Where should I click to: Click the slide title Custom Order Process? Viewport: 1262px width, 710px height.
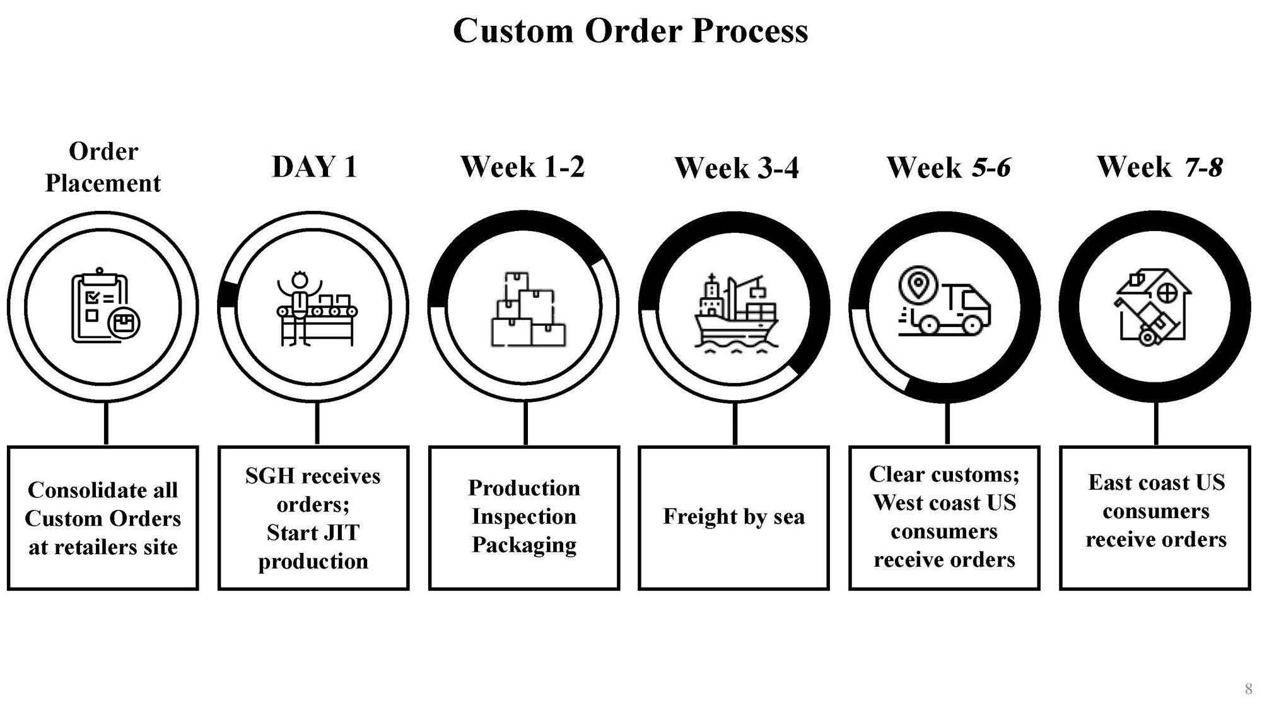[630, 30]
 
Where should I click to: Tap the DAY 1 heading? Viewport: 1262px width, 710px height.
[315, 167]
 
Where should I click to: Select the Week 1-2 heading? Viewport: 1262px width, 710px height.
[523, 167]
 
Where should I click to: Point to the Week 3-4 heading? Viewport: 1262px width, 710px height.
[736, 168]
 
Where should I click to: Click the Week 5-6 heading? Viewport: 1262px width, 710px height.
[949, 167]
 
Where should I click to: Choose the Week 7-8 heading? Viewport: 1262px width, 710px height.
[1160, 167]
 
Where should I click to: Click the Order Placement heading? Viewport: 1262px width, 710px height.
[103, 167]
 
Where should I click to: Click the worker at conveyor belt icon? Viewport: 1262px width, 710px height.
[315, 309]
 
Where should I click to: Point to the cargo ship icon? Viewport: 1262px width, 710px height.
[735, 312]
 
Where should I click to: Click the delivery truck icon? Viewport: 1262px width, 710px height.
[944, 301]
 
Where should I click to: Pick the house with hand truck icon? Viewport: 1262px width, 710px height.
[1154, 307]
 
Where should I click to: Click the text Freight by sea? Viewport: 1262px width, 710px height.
[733, 517]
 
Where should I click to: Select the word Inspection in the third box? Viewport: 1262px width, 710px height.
[523, 517]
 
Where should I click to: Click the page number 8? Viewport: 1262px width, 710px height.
[1248, 689]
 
